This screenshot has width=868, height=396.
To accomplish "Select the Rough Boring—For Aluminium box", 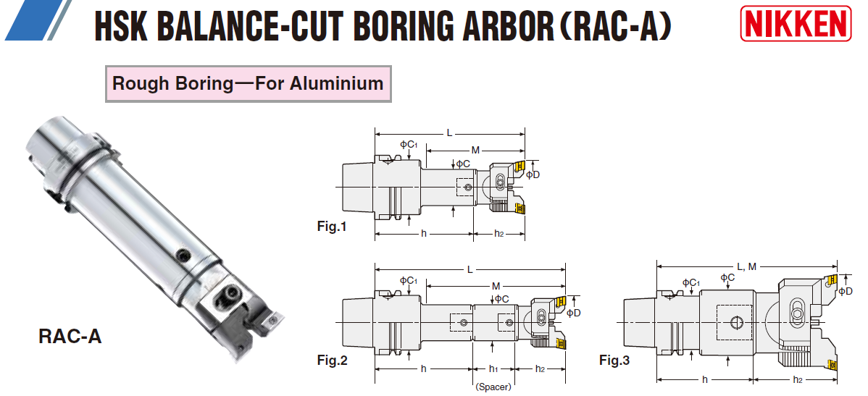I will click(x=248, y=83).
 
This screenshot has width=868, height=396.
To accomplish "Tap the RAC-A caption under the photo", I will click(x=70, y=337).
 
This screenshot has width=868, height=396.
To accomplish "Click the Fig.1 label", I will click(x=332, y=227).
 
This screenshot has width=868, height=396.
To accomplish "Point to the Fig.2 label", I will click(x=332, y=360).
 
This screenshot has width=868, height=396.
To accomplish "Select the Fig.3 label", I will click(x=614, y=360).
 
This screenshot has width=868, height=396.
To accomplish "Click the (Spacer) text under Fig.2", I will click(x=493, y=387).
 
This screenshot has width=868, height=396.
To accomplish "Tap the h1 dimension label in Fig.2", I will click(x=493, y=369).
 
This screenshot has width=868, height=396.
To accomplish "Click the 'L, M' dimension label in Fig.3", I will click(x=747, y=267).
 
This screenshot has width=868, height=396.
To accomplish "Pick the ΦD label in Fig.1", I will click(x=533, y=174).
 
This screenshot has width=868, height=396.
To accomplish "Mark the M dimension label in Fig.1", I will click(x=475, y=150).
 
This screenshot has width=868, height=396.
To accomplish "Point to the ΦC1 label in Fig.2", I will click(x=408, y=280).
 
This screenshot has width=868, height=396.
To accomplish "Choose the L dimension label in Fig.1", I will click(x=449, y=132).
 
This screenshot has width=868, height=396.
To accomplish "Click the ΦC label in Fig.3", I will click(x=727, y=277).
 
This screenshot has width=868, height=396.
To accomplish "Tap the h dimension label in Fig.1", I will click(x=424, y=233).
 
